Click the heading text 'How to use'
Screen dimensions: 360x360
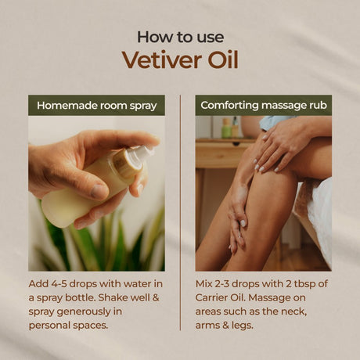179,36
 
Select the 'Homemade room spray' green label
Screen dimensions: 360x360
96,105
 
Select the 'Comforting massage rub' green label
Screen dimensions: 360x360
263,105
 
